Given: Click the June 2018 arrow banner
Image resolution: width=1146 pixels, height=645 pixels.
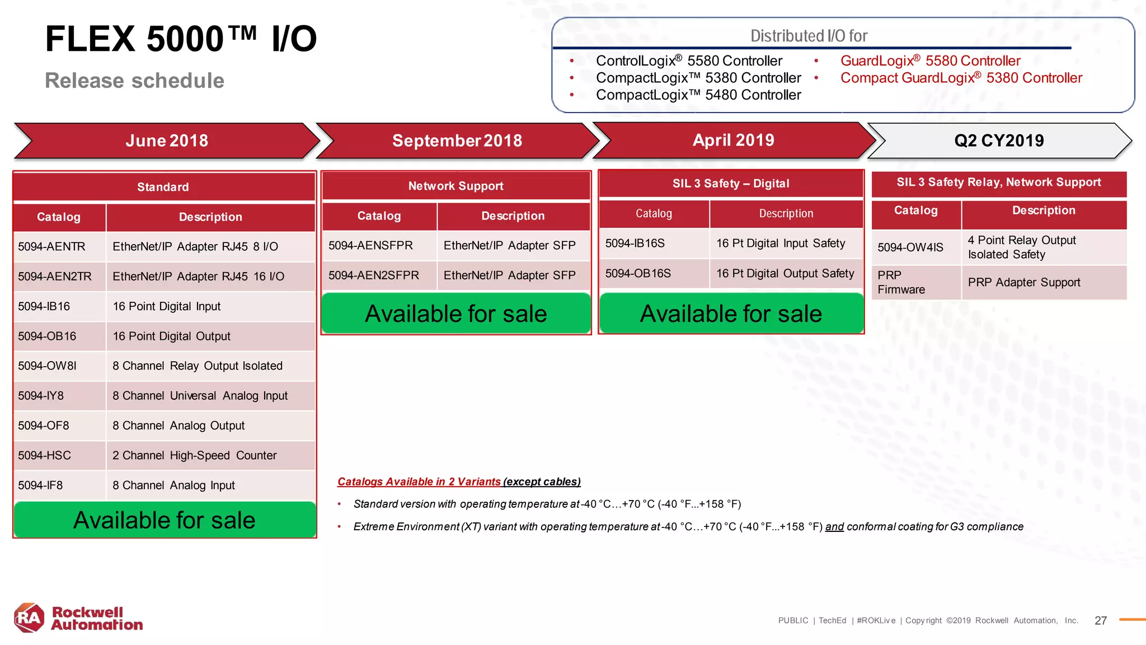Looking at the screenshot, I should click(167, 141).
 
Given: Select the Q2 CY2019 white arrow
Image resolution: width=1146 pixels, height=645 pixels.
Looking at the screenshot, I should click(999, 141).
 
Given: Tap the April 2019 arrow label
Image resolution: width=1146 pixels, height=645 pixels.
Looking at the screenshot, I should click(733, 140).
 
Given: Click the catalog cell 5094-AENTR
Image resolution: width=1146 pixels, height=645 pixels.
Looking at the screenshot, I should click(52, 246).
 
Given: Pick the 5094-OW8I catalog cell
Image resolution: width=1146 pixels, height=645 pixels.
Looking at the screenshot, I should click(48, 366).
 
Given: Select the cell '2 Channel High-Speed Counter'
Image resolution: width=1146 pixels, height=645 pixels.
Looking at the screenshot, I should click(195, 455).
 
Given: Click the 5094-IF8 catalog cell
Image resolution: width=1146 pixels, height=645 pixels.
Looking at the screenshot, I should click(41, 485).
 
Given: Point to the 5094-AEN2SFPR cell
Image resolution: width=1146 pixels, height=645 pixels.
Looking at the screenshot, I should click(374, 275).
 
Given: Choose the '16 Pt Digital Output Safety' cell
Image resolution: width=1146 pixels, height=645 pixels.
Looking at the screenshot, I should click(785, 273).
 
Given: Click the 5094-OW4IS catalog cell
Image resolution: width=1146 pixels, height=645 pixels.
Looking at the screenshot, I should click(910, 247).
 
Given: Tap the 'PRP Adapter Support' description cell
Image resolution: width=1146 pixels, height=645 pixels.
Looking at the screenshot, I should click(1024, 282).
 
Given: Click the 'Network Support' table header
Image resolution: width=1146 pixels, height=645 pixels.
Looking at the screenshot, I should click(455, 186).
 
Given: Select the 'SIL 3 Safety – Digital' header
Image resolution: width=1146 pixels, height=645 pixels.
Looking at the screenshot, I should click(731, 184).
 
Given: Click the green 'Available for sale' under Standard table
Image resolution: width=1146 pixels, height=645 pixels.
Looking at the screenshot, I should click(165, 520).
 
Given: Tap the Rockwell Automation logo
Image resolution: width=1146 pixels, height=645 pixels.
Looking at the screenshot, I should click(78, 618).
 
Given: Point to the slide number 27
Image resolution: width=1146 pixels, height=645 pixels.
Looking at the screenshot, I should click(1101, 620).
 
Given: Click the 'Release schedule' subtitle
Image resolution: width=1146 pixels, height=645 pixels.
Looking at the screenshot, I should click(134, 81).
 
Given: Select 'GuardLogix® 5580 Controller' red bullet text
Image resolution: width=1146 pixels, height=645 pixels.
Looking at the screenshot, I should click(930, 60).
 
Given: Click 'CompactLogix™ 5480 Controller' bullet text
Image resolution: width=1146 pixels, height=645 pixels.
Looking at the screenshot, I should click(698, 95).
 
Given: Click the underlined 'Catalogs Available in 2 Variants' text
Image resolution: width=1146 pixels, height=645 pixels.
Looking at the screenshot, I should click(419, 482).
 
